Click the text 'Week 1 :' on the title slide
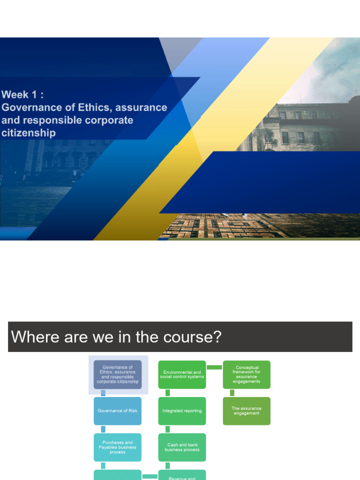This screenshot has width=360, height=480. pos(23,95)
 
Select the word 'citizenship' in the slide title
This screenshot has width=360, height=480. pos(29,133)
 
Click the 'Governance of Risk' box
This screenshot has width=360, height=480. pos(117,411)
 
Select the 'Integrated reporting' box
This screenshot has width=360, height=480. pos(182,411)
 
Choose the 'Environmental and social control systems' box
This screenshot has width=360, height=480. pos(182,375)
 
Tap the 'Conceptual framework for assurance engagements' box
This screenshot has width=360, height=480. pos(247,375)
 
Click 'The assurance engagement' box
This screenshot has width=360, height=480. pos(247,411)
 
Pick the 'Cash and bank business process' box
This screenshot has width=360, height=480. pos(182,447)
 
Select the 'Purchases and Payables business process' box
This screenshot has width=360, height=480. pos(117,447)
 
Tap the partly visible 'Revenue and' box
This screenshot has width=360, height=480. pos(182,475)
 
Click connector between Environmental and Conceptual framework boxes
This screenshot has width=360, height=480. pos(214,367)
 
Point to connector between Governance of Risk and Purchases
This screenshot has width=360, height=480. pos(103,429)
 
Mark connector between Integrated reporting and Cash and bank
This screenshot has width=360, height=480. pos(168,429)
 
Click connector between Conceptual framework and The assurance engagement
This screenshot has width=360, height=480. pos(232,393)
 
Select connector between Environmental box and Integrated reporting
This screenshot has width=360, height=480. pos(168,393)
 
